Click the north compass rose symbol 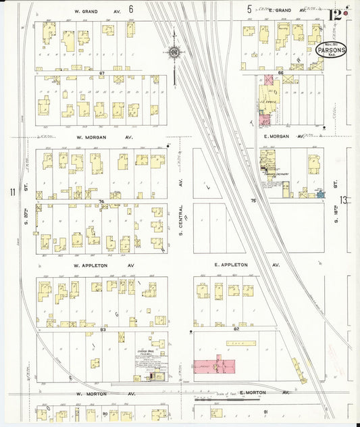pos(174,53)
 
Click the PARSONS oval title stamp pos(331,51)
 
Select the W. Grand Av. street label pos(98,10)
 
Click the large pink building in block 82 pos(214,366)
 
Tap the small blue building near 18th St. pos(320,195)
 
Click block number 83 pos(103,329)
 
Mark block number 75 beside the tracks pos(254,201)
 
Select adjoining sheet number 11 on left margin pos(12,193)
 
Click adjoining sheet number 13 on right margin pos(344,200)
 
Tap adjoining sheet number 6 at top pos(149,9)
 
